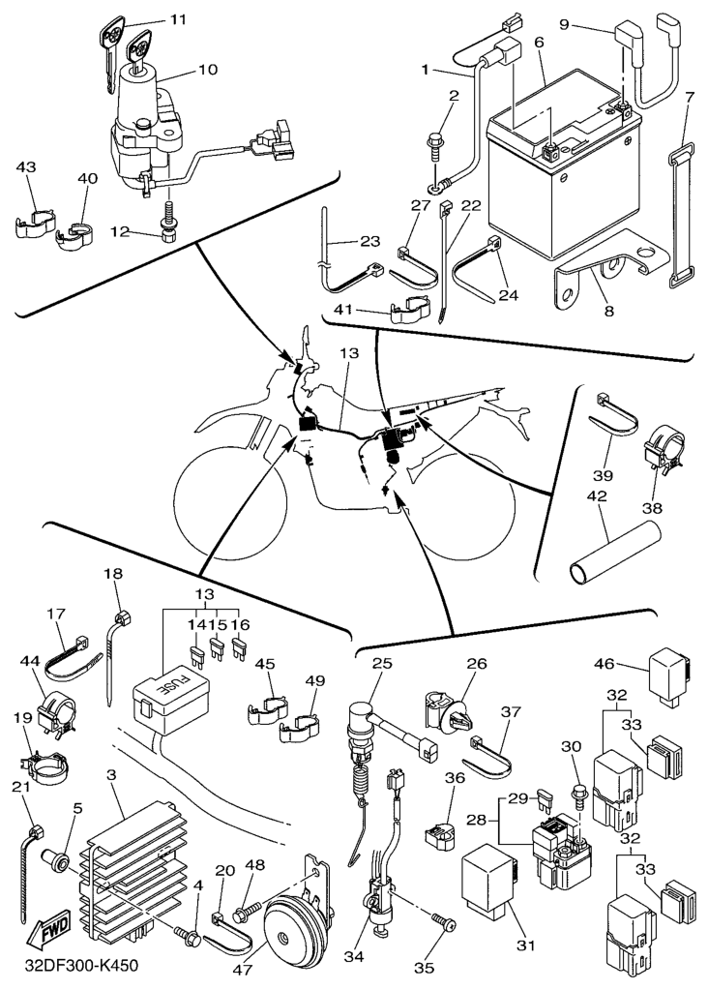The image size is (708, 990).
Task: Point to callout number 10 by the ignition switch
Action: [x=208, y=70]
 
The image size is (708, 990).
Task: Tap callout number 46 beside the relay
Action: [x=604, y=665]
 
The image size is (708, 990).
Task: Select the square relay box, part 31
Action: [x=496, y=882]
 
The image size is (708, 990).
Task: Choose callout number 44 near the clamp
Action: [x=30, y=660]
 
